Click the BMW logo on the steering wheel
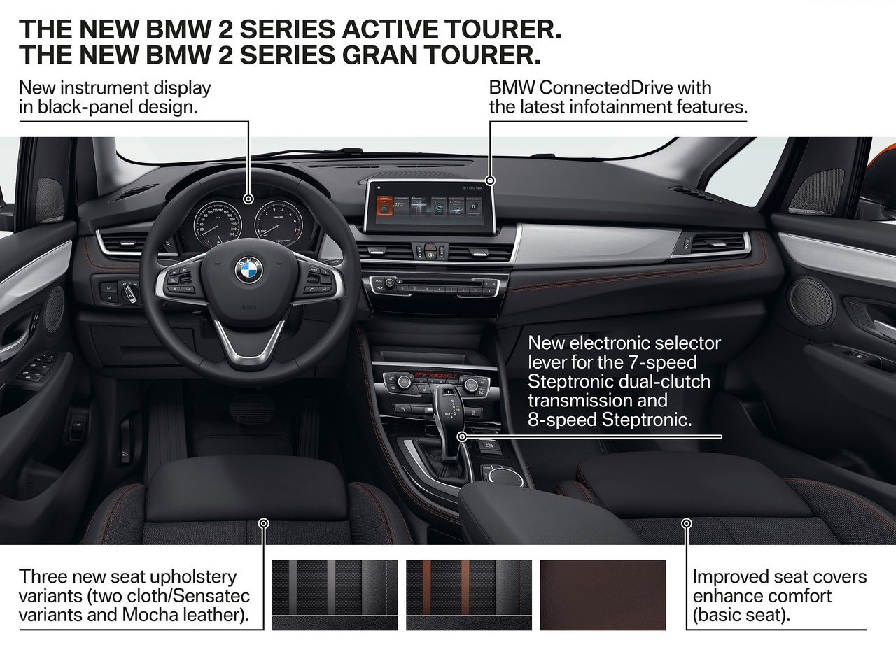tap(248, 270)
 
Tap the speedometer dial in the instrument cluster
tap(218, 225)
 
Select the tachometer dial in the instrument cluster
tap(279, 223)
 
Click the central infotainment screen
tap(430, 207)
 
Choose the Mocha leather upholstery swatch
tap(603, 595)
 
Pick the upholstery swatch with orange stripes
tap(469, 595)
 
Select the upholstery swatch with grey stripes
tap(335, 595)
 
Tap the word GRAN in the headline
tap(379, 55)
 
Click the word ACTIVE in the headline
tap(390, 29)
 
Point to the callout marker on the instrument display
tap(248, 199)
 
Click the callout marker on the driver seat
tap(264, 523)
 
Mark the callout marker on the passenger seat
tap(687, 523)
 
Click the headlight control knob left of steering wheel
tap(129, 292)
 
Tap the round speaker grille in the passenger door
tap(811, 302)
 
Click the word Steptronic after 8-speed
tap(646, 420)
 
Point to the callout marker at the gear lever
tap(462, 436)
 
